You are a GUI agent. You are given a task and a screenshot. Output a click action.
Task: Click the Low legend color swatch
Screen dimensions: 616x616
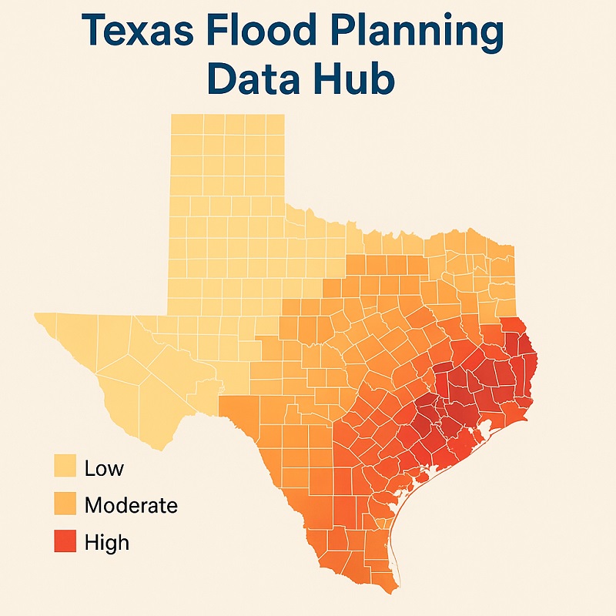[x=65, y=467]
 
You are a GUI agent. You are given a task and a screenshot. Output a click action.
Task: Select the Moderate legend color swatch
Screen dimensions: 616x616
[x=65, y=505]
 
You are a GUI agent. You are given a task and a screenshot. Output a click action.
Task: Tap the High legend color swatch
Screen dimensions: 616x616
[x=65, y=542]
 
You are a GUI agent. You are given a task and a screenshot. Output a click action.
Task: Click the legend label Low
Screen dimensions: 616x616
[x=104, y=468]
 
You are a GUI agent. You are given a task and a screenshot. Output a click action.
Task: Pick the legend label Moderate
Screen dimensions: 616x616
[x=131, y=506]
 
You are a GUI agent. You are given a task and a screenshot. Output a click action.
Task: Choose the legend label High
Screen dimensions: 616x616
[x=107, y=543]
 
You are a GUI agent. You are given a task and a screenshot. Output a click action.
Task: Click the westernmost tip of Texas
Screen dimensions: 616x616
[x=35, y=314]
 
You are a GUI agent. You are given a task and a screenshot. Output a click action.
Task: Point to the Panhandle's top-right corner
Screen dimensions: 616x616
[x=283, y=115]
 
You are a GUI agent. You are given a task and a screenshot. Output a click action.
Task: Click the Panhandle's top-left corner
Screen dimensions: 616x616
[x=171, y=115]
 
